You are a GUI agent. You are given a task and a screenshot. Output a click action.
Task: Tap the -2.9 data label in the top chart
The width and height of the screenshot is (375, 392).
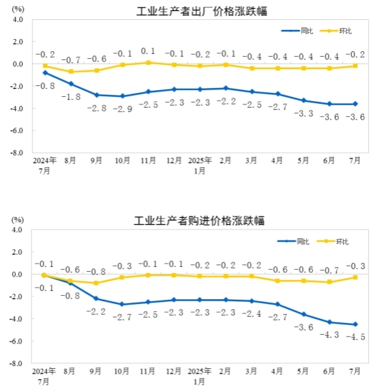click(x=123, y=109)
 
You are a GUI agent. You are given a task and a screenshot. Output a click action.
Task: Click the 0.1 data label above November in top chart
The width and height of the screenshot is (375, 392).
click(x=149, y=51)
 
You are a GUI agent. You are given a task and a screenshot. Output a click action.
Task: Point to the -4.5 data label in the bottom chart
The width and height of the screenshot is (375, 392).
click(x=355, y=337)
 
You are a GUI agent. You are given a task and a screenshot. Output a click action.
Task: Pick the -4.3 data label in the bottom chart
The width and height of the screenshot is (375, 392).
click(x=329, y=334)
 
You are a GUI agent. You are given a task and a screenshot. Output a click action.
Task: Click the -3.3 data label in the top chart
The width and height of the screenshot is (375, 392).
click(x=303, y=113)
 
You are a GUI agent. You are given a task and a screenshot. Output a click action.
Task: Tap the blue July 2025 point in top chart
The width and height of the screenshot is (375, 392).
click(x=355, y=104)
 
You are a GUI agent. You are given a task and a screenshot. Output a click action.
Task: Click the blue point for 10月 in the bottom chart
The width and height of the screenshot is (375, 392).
click(x=123, y=305)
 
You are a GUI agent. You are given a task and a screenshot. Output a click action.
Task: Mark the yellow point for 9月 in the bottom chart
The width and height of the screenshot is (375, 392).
click(x=97, y=283)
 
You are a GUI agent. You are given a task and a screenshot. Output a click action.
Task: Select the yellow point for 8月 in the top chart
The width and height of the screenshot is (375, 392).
click(x=71, y=72)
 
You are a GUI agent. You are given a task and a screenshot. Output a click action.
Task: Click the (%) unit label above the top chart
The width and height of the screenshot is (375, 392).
click(x=19, y=9)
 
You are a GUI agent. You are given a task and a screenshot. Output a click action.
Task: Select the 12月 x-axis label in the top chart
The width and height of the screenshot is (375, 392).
click(x=174, y=161)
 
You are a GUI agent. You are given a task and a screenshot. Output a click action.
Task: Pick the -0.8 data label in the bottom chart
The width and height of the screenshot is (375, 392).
click(x=71, y=296)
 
